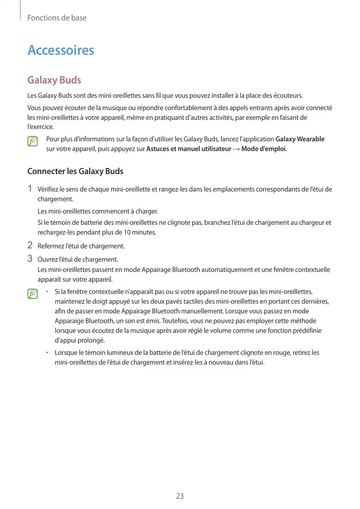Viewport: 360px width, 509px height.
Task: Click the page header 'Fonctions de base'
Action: click(x=56, y=18)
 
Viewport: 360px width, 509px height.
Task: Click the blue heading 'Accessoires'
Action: click(x=60, y=50)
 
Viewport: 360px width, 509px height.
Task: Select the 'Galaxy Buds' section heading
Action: click(x=54, y=80)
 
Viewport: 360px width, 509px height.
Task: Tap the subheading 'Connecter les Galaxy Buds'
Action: click(x=75, y=171)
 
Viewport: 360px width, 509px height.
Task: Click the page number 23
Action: click(x=180, y=496)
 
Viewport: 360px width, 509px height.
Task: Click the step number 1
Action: click(x=30, y=189)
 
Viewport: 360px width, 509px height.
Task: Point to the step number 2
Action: click(x=30, y=245)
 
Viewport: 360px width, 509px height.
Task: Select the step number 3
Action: click(x=30, y=259)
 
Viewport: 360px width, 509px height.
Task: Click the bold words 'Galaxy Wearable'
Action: click(x=300, y=139)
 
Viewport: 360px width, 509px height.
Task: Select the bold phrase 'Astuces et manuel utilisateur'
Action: click(x=188, y=149)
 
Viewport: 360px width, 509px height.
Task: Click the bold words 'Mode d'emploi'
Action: click(x=263, y=149)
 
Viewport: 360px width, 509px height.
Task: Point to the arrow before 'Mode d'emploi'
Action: click(x=236, y=149)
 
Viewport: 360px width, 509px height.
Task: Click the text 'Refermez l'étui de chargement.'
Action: click(x=81, y=246)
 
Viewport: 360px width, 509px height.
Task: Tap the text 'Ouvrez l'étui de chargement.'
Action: click(x=78, y=259)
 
